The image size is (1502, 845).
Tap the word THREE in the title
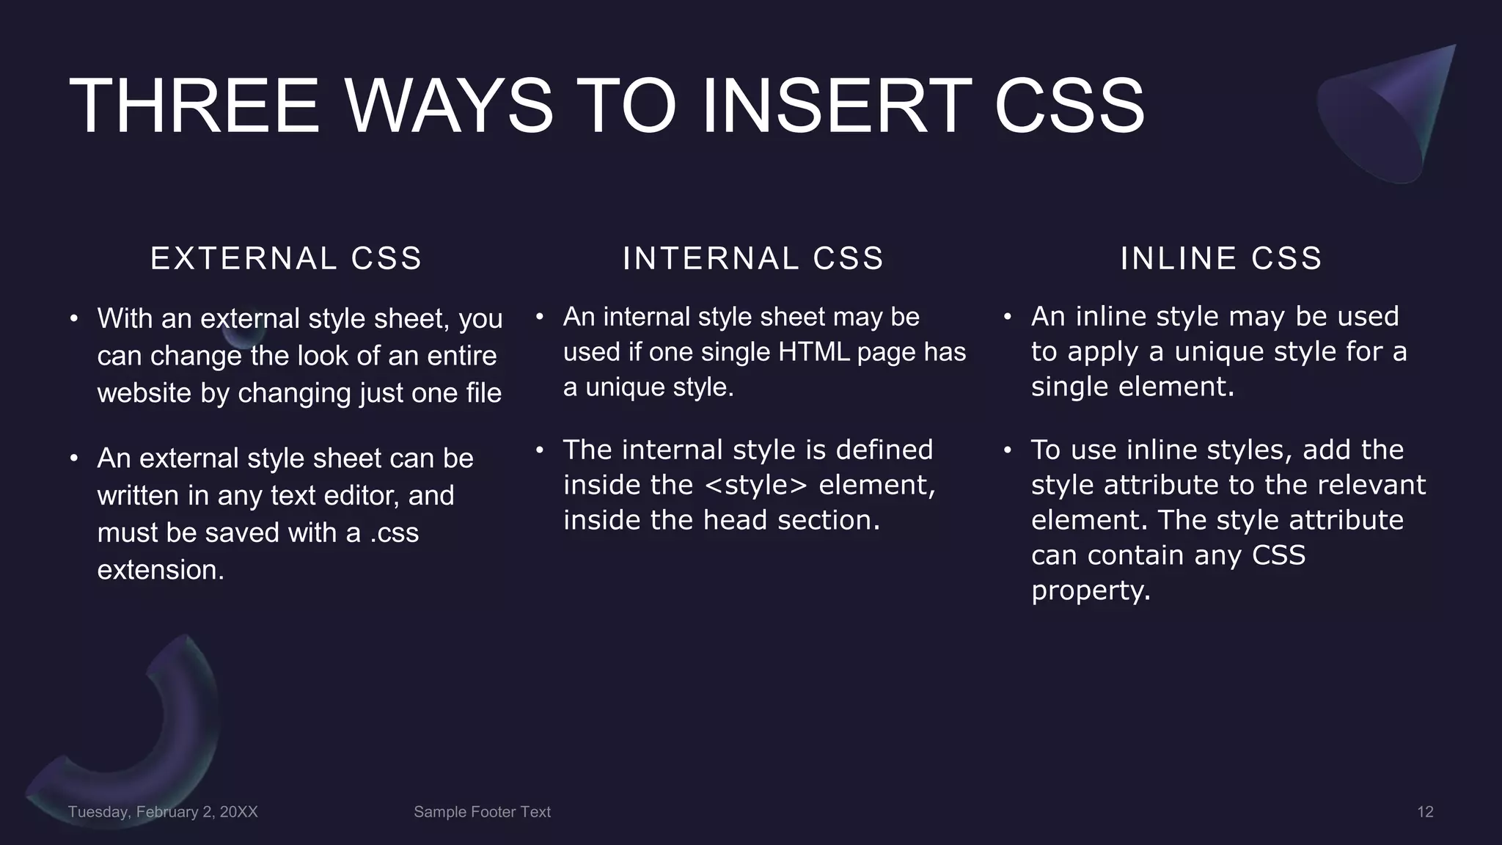tap(194, 106)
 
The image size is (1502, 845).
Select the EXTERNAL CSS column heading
tap(286, 258)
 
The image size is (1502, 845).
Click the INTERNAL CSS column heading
tap(753, 258)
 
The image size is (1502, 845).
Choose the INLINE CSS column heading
tap(1221, 258)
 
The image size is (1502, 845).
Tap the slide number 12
tap(1424, 812)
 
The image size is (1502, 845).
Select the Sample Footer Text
tap(482, 812)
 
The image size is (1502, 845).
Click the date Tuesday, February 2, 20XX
tap(163, 812)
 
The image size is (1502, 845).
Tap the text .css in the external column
tap(394, 533)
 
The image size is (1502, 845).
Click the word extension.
tap(161, 571)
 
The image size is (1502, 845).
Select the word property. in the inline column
tap(1091, 590)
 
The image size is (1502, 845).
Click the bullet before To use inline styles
tap(1008, 450)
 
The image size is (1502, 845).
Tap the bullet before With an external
tap(73, 319)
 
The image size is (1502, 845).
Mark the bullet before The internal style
tap(539, 450)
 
